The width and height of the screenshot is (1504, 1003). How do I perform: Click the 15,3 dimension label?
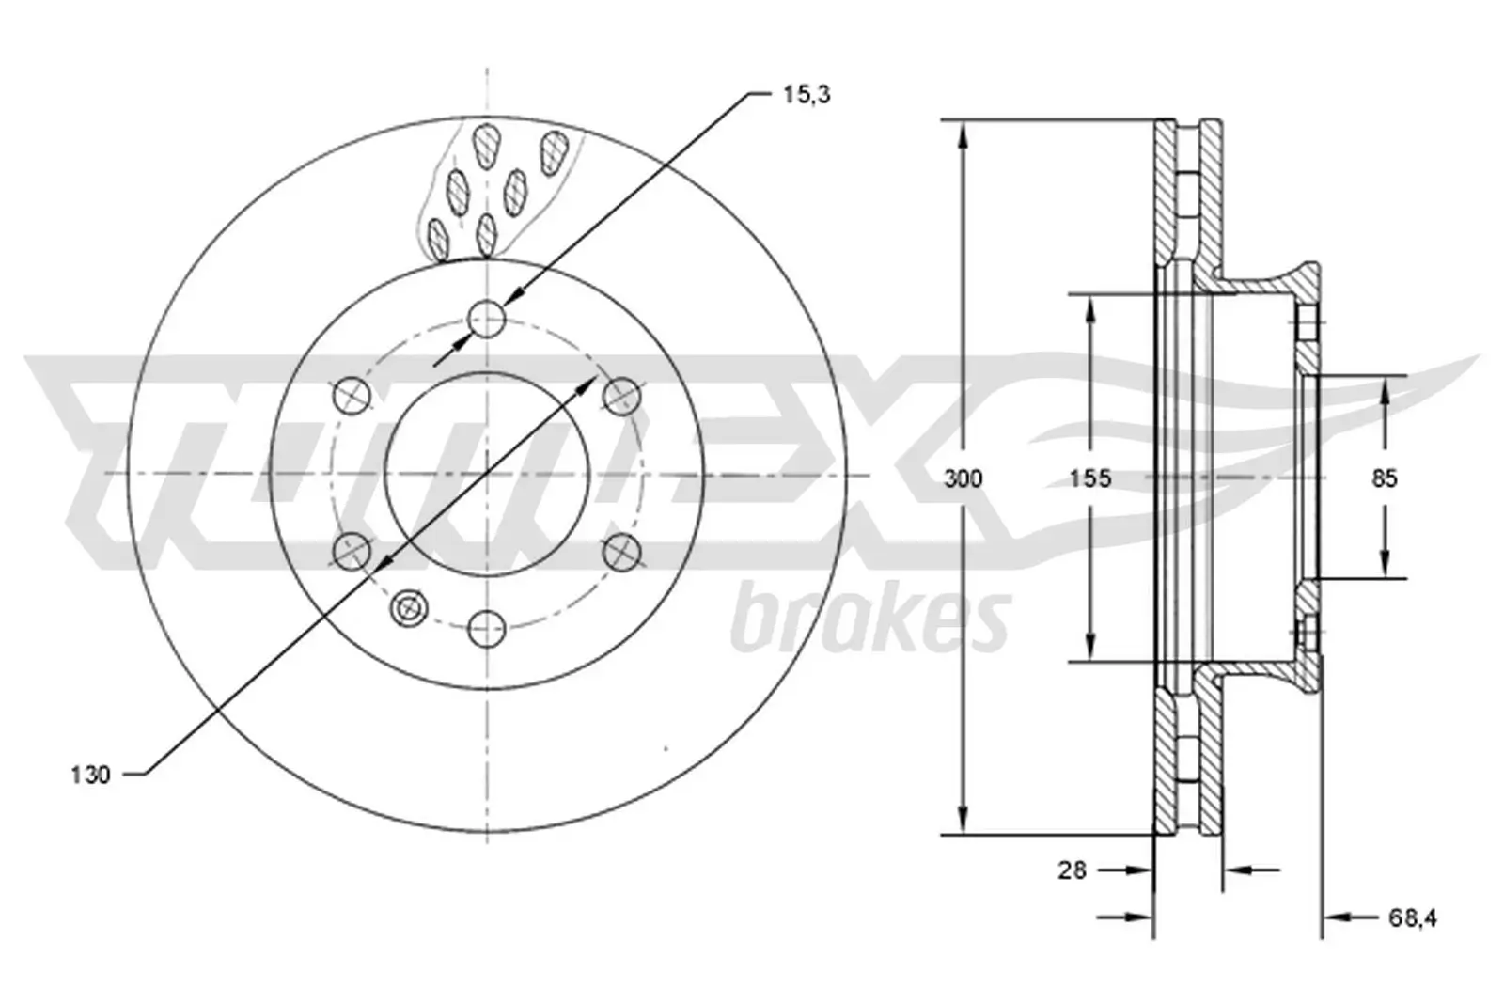click(x=806, y=95)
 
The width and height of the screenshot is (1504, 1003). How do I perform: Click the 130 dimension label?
click(x=90, y=776)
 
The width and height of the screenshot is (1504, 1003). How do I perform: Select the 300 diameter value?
click(x=963, y=478)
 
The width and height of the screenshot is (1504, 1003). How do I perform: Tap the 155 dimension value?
click(x=1089, y=478)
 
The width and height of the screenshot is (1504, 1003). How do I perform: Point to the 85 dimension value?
click(x=1384, y=478)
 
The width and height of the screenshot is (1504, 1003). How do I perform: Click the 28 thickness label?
click(x=1072, y=870)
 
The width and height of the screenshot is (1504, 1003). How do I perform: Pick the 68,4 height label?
click(x=1413, y=917)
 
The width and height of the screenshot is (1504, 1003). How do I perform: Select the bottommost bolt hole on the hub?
click(x=487, y=628)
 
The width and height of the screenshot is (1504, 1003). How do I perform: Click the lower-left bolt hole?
click(x=352, y=551)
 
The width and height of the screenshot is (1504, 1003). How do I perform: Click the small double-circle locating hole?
click(x=409, y=609)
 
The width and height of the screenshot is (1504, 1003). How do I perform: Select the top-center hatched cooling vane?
click(x=486, y=146)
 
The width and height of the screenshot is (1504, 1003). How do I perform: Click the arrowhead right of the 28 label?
click(x=1143, y=870)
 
